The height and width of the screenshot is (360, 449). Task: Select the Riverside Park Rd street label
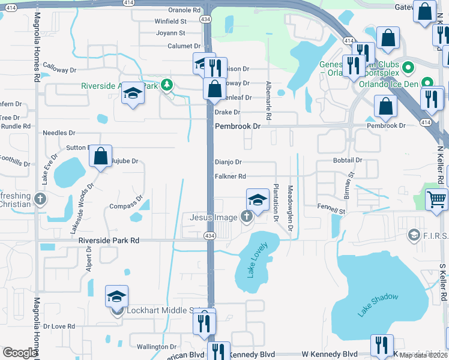(109, 241)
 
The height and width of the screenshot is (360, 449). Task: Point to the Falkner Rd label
(231, 176)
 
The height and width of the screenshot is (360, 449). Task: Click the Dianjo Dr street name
(228, 162)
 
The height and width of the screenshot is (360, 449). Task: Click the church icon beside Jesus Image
(246, 217)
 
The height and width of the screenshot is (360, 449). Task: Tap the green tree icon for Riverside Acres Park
(167, 86)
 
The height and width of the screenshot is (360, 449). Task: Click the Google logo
(20, 353)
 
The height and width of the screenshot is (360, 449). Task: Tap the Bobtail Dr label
(348, 160)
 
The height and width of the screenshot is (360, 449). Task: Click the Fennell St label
(331, 212)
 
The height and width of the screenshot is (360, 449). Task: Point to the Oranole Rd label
(184, 10)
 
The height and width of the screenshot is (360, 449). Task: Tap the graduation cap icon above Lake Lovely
(257, 199)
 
